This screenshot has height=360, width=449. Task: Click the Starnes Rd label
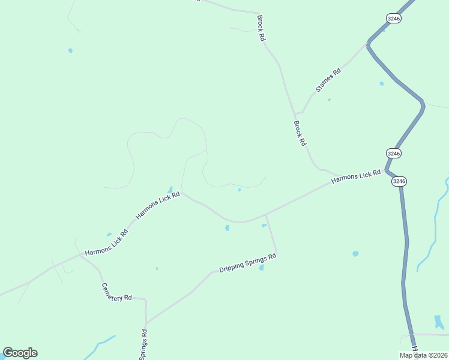click(328, 80)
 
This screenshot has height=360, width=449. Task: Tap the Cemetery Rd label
click(116, 292)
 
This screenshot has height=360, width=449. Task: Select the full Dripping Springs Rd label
click(247, 262)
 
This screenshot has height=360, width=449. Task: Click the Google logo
click(20, 353)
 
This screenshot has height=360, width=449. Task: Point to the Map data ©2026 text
click(423, 355)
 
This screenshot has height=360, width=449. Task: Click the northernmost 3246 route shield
click(394, 19)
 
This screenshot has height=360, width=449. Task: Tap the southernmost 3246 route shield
click(399, 181)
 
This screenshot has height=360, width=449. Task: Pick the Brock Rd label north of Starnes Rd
click(261, 28)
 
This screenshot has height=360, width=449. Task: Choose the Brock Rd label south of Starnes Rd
click(300, 133)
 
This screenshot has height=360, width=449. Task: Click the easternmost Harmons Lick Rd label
click(356, 176)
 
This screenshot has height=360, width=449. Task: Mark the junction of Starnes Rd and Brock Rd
click(294, 113)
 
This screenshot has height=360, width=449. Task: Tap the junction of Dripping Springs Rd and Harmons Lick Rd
click(266, 214)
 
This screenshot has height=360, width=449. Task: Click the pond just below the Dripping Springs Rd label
click(261, 268)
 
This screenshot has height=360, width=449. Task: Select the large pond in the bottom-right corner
click(439, 322)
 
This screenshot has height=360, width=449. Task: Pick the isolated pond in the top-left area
click(70, 50)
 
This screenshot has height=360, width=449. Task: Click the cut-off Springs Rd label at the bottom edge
click(143, 344)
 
